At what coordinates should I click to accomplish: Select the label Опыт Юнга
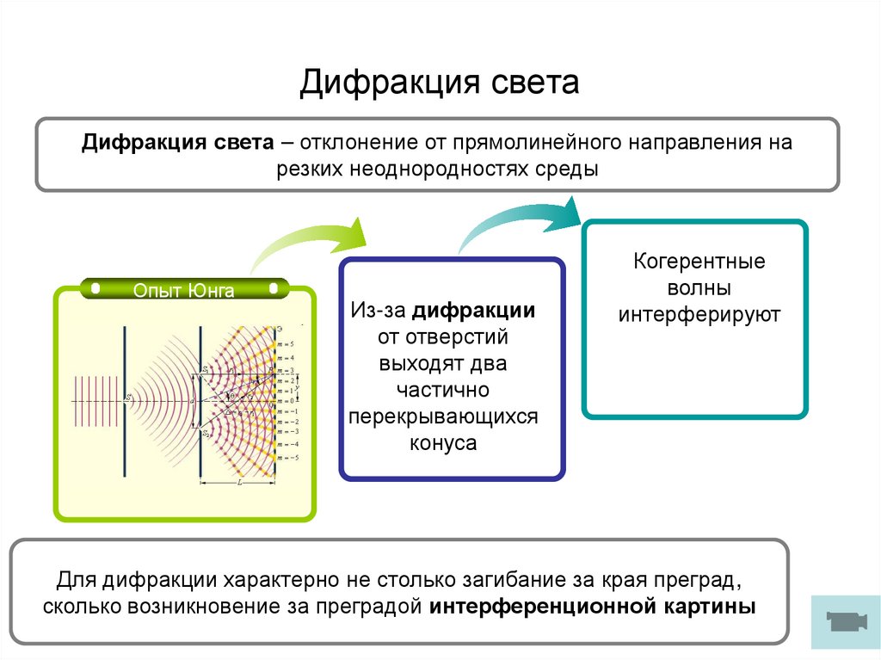(x=183, y=290)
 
